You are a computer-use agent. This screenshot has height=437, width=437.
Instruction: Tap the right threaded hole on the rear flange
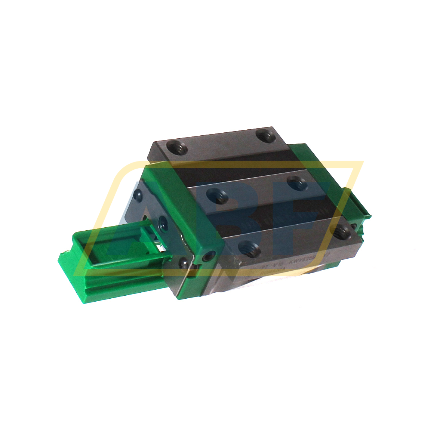tap(266, 135)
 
